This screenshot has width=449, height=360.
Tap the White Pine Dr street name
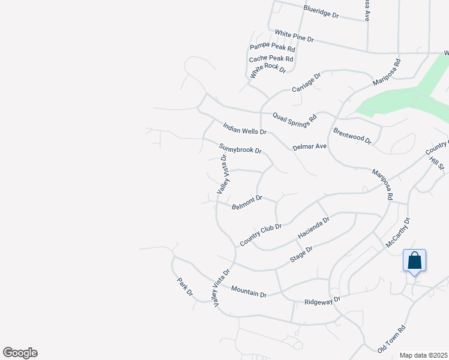coord(294,36)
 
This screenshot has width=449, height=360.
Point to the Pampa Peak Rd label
coord(273,48)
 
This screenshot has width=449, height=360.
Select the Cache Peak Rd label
coord(271,59)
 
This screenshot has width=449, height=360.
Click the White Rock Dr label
coord(268,70)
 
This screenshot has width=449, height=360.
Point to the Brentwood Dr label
coord(352,137)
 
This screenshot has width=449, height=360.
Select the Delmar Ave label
coord(309,146)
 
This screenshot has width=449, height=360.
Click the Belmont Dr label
coord(247,202)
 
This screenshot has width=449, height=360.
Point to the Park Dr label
coord(185,286)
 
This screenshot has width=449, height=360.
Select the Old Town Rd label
coord(391,338)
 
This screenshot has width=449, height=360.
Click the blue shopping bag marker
coord(414,261)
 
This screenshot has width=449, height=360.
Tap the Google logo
coord(20,353)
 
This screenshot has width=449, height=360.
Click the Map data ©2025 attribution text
coord(424,355)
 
